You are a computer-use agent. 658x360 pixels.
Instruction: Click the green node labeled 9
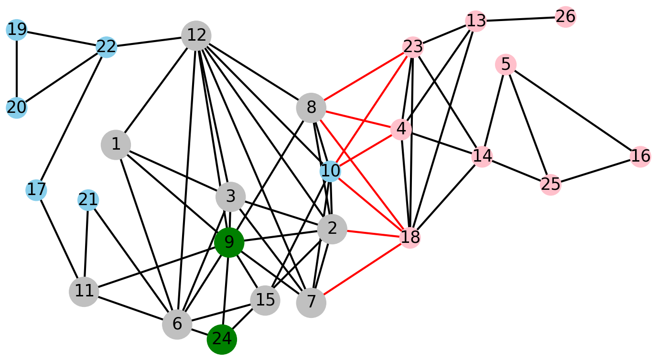pos(229,243)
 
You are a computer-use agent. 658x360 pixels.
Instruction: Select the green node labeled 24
pos(222,339)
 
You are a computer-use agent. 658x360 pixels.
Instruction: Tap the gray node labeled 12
pos(196,35)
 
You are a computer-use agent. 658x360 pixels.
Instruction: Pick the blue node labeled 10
pos(330,171)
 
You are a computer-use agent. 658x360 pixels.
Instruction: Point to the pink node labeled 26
pos(565,17)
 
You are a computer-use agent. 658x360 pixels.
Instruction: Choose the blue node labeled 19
pos(17,30)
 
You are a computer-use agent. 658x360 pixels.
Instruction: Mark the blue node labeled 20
pos(17,108)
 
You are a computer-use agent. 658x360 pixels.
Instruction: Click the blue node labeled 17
pos(36,190)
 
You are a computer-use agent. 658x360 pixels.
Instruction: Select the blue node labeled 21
pos(88,200)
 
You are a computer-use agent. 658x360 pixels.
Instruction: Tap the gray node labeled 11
pos(84,291)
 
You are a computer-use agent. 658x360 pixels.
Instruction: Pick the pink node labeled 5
pos(506,64)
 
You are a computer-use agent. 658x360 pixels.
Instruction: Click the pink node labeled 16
pos(640,156)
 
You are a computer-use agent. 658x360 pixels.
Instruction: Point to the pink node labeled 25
pos(550,184)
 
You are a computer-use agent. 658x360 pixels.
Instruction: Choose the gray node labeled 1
pos(116,144)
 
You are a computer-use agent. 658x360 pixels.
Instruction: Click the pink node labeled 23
pos(413,47)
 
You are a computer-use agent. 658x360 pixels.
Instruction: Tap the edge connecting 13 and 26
pos(521,19)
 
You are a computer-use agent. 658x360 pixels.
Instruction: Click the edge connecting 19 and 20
pos(17,69)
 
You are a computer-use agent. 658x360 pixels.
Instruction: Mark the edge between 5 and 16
pos(573,110)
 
